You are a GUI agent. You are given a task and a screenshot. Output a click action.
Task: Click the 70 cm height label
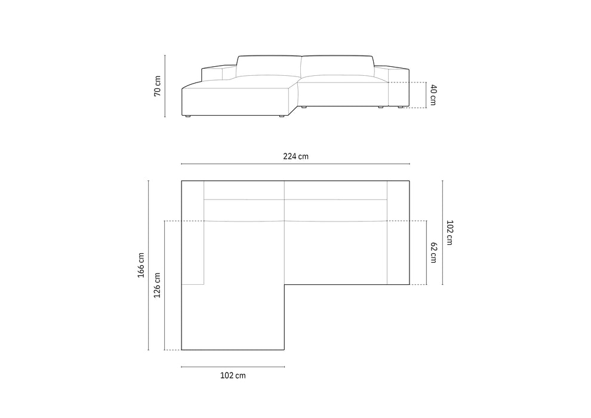tap(158, 87)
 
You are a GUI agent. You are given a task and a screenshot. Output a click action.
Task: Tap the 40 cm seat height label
tap(433, 95)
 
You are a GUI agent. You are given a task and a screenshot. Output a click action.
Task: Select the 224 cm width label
tap(296, 156)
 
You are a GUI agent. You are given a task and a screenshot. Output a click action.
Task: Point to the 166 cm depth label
tap(141, 265)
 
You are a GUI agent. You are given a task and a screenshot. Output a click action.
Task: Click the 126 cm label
tap(157, 285)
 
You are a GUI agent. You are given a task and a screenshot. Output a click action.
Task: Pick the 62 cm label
tap(433, 253)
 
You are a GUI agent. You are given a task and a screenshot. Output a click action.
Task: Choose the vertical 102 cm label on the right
tap(450, 232)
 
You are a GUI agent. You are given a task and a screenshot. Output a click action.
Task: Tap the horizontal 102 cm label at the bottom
tap(233, 376)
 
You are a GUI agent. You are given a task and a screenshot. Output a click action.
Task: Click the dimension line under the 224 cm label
tap(295, 164)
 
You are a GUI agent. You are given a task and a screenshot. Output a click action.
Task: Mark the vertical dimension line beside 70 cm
tap(165, 86)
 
